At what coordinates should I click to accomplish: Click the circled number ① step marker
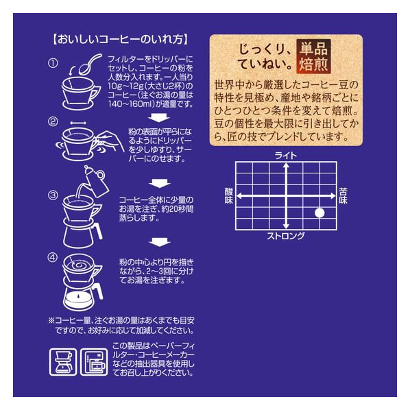(53, 63)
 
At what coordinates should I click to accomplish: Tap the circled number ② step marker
(53, 121)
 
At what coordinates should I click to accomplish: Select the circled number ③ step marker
(53, 195)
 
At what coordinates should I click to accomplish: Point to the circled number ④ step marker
(53, 258)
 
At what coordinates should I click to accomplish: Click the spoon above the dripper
(91, 64)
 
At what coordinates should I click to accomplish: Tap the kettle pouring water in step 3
(95, 181)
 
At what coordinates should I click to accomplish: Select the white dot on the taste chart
(319, 213)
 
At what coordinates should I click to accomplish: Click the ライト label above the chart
(286, 156)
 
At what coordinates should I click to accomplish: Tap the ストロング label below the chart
(286, 236)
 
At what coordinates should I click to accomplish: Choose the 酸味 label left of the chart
(229, 196)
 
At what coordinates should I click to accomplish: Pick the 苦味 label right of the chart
(343, 196)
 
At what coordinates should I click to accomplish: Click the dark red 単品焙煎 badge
(313, 56)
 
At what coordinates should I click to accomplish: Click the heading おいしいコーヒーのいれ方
(121, 40)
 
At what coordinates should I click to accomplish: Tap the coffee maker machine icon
(94, 362)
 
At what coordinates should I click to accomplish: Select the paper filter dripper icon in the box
(63, 362)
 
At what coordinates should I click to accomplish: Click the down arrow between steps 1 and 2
(159, 117)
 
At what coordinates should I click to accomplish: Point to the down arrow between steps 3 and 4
(160, 242)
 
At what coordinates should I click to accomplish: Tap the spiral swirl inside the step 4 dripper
(78, 265)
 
